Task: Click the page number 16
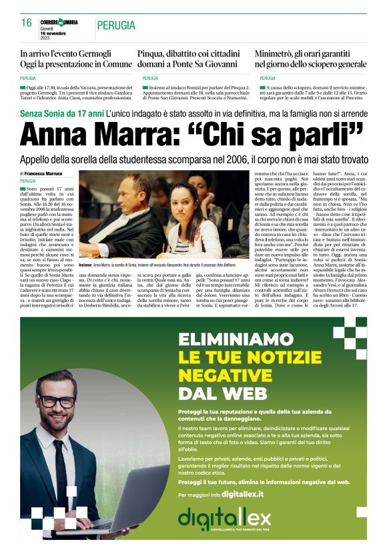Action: (26, 23)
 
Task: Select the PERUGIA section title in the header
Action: (118, 25)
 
